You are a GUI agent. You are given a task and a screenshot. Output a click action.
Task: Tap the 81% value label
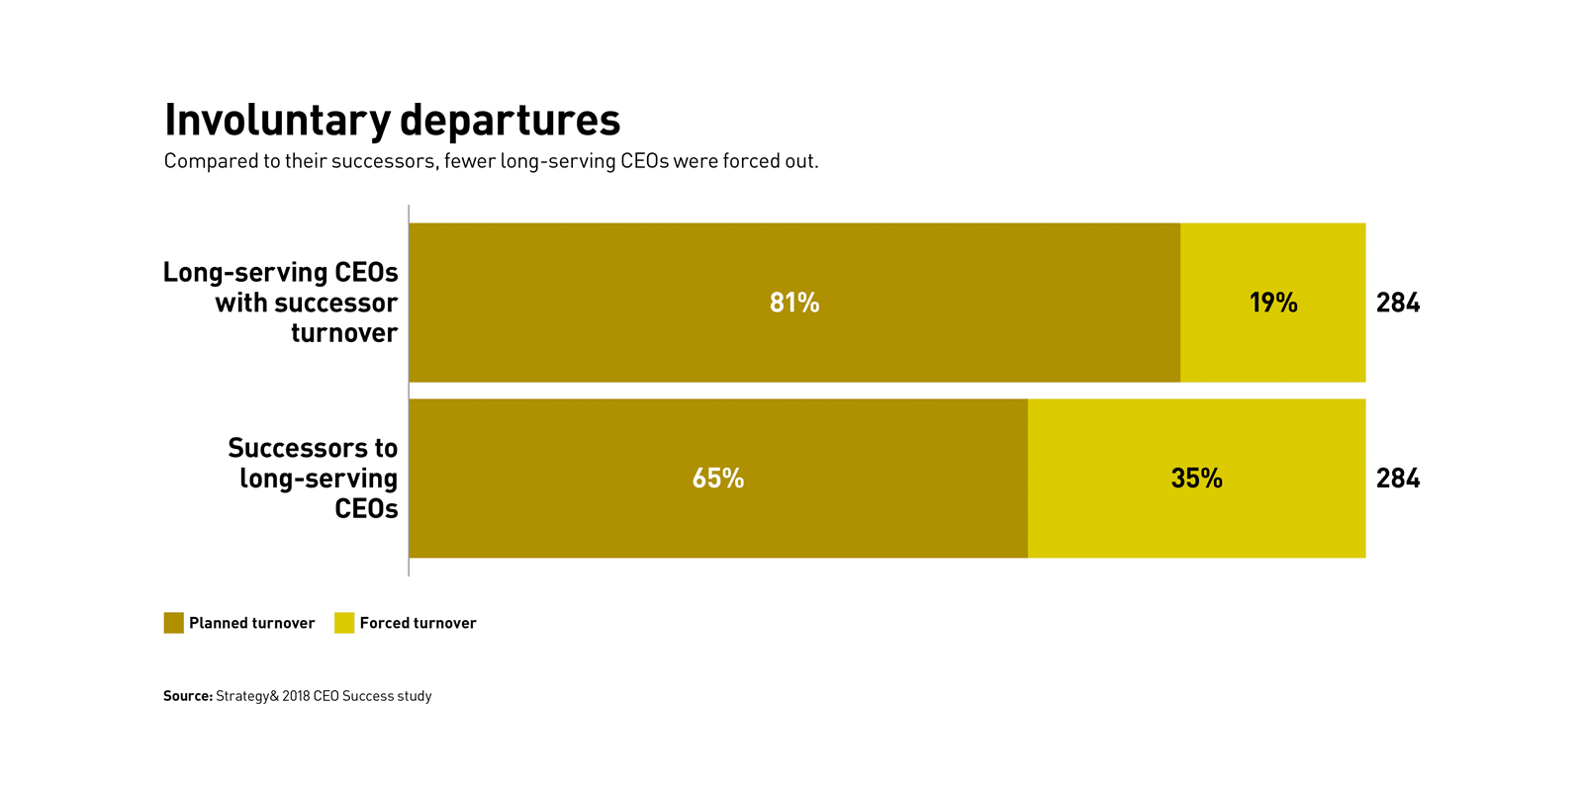pos(794,303)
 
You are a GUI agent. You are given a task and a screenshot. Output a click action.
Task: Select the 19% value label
pos(1273,303)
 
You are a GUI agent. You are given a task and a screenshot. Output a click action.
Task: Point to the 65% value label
pos(718,479)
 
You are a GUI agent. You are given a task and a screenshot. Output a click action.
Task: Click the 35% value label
pos(1196,479)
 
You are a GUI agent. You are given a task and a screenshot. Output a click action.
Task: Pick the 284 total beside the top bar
pos(1398,303)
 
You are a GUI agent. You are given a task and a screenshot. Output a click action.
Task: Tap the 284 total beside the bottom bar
pos(1398,479)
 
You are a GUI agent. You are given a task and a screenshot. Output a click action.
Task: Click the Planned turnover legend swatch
pos(174,623)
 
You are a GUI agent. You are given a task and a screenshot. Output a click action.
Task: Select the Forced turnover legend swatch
pos(344,623)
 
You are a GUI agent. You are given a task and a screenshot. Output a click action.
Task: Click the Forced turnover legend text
pos(418,623)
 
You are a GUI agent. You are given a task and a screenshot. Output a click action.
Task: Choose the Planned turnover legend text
pos(251,623)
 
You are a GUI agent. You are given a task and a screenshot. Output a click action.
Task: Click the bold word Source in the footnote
pos(188,696)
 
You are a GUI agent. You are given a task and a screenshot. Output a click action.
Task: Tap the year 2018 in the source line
pos(296,696)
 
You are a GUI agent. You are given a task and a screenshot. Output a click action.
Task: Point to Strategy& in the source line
pos(247,696)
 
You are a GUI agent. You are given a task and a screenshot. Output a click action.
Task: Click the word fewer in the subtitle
pos(469,161)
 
